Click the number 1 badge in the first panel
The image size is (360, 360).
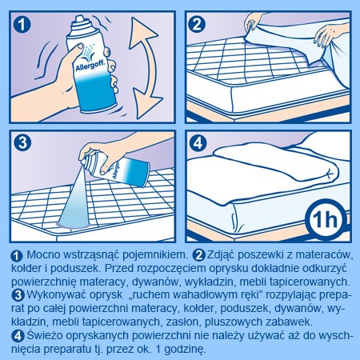pyautogui.click(x=22, y=25)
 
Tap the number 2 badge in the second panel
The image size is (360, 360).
pyautogui.click(x=197, y=25)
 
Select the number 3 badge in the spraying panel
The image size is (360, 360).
pyautogui.click(x=22, y=142)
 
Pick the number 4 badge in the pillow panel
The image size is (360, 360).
pyautogui.click(x=198, y=143)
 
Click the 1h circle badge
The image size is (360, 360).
pyautogui.click(x=325, y=219)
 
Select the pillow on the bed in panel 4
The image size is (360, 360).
pyautogui.click(x=276, y=162)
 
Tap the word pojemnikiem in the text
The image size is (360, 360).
pyautogui.click(x=155, y=255)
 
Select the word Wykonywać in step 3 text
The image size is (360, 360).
pyautogui.click(x=56, y=295)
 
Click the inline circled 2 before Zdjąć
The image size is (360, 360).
pyautogui.click(x=199, y=255)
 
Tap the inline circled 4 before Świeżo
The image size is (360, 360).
pyautogui.click(x=18, y=336)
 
